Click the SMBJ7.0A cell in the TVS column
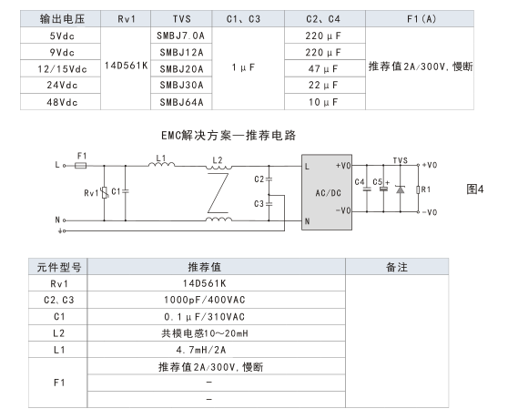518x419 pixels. tap(180, 36)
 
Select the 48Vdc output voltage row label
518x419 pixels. tap(62, 102)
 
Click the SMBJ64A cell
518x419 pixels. tap(181, 102)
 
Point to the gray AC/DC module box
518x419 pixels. tap(327, 192)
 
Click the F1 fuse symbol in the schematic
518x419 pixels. tap(81, 165)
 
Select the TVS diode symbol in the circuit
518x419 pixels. tap(401, 189)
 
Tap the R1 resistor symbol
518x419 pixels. tap(418, 189)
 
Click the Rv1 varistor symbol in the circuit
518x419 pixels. tap(105, 192)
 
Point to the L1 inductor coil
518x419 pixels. tap(161, 164)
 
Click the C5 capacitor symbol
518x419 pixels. tap(383, 189)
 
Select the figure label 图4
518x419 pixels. tap(475, 189)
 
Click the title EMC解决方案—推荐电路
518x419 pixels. tap(229, 136)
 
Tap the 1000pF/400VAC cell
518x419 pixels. tap(205, 300)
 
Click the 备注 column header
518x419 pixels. tap(397, 267)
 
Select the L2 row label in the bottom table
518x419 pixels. tap(59, 333)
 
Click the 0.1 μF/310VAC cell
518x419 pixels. tap(205, 317)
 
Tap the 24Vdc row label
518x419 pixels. tap(62, 86)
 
